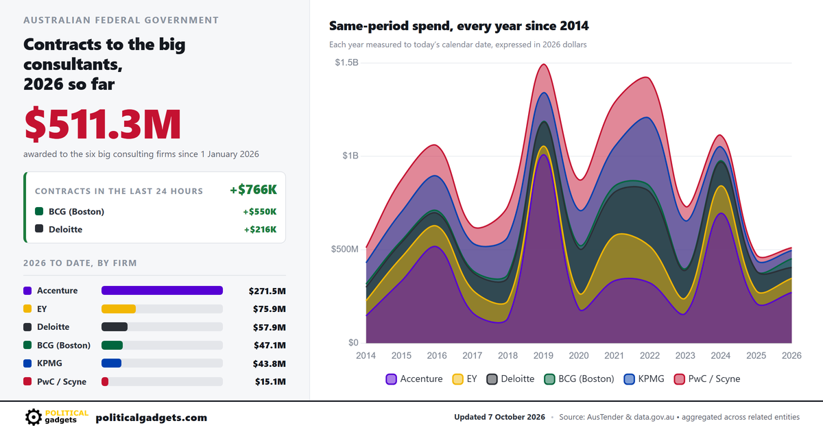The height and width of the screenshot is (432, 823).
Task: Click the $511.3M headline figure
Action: pos(102,124)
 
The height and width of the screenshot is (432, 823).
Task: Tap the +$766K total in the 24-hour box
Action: pos(253,189)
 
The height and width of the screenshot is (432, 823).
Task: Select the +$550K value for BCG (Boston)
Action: pos(259,212)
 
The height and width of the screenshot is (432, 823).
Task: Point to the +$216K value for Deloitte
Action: pos(260,230)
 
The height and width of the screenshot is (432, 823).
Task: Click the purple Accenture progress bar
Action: pos(162,291)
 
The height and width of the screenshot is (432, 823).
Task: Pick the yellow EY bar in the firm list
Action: pos(119,309)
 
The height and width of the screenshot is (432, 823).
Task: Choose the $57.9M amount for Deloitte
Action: pos(270,327)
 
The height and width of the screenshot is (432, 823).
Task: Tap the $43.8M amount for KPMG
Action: pos(270,363)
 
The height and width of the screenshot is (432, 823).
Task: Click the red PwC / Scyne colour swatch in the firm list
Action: pos(27,381)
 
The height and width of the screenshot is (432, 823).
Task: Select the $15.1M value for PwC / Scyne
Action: pos(270,382)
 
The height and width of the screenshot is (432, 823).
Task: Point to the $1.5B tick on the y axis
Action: pos(346,62)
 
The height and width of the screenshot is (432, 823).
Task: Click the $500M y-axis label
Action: pos(344,249)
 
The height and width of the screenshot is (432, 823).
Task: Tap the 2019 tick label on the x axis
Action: pos(543,355)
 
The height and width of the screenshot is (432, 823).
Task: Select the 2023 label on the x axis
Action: pos(685,355)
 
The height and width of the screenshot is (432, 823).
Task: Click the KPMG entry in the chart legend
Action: pos(644,379)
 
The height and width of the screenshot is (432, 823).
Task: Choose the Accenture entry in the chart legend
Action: pos(414,379)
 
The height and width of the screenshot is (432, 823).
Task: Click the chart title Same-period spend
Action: pos(459,26)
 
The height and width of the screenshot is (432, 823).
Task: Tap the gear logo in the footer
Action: pos(34,417)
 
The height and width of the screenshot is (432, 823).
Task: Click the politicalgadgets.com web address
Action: pos(152,418)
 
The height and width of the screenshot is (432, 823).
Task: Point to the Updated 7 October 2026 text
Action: pos(499,417)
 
